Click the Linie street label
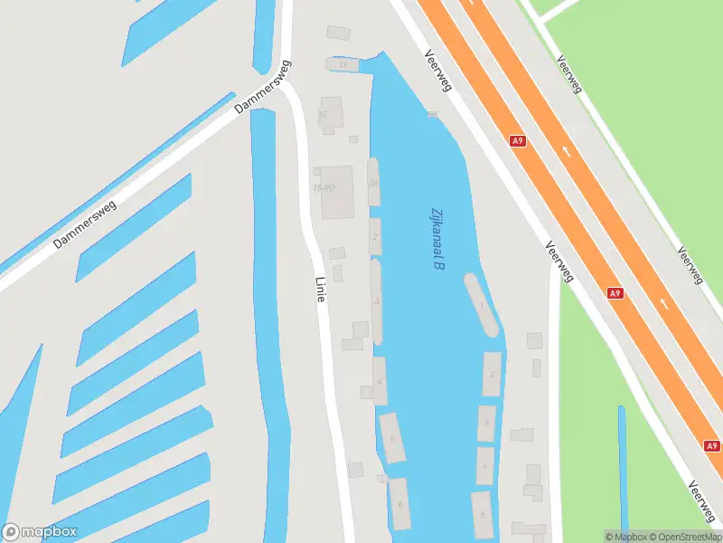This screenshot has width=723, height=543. [319, 289]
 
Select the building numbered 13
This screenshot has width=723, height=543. [342, 64]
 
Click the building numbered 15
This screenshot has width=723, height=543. [331, 114]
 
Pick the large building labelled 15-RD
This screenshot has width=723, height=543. [336, 191]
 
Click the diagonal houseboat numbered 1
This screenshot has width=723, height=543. [482, 306]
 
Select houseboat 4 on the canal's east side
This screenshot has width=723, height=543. [485, 466]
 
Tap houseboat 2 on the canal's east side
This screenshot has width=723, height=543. [492, 374]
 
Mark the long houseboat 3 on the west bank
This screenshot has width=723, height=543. [376, 301]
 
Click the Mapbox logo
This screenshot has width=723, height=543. [40, 532]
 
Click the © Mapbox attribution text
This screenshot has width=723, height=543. [626, 537]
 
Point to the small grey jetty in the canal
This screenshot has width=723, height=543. [432, 114]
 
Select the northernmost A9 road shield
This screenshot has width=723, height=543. [517, 141]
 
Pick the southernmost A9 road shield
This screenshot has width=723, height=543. [712, 446]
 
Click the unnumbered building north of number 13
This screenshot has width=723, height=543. [338, 33]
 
